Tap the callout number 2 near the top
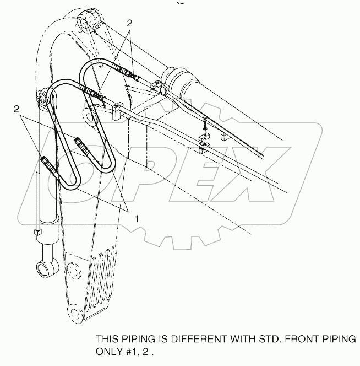click(x=129, y=23)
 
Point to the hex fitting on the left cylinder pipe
click(x=38, y=232)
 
